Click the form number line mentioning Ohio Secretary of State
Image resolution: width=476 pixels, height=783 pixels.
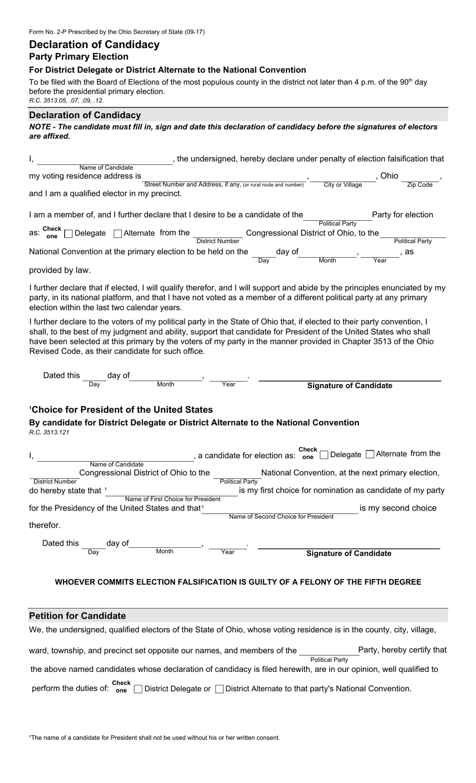117,32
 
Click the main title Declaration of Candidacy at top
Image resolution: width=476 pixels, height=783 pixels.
94,45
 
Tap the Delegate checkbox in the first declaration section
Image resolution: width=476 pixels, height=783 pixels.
69,233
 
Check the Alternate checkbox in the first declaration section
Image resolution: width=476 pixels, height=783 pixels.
118,233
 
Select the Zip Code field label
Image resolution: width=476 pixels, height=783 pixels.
419,185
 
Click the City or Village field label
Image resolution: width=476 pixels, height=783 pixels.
343,185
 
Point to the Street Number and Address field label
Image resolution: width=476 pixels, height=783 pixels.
224,185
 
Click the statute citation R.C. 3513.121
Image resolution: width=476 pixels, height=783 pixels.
49,432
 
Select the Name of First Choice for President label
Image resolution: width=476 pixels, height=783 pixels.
172,499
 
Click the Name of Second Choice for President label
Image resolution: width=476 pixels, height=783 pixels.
281,517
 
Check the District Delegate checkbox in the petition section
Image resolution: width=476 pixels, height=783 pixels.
138,689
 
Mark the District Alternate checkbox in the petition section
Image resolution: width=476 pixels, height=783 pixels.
219,689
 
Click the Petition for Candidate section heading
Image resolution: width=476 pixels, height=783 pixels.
78,616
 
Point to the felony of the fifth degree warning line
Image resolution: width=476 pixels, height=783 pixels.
238,582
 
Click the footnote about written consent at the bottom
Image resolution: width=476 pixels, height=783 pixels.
154,737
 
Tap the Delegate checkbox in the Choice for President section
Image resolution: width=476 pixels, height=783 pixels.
324,455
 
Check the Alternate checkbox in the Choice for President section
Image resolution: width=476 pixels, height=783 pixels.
370,454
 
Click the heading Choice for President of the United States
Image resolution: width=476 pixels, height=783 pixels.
122,410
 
